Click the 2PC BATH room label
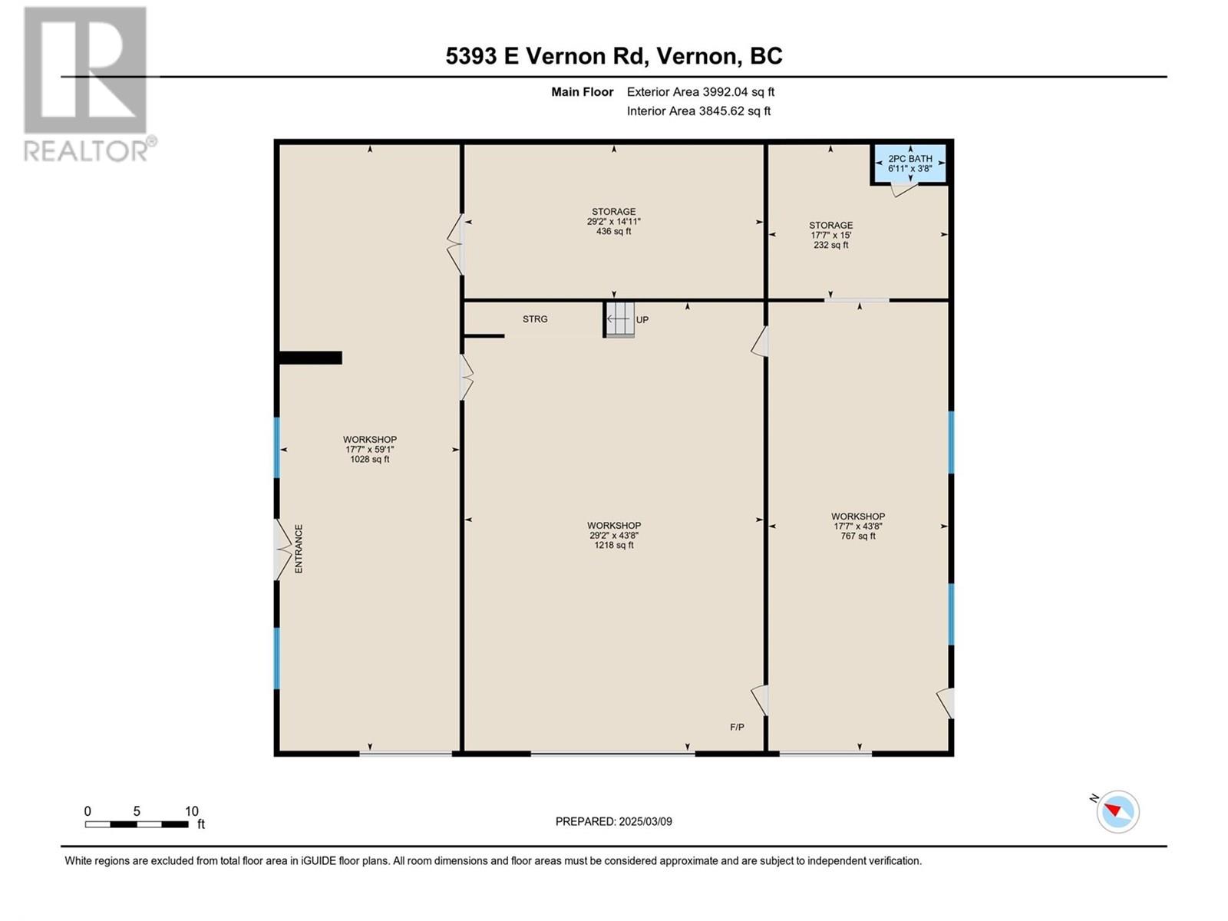[909, 159]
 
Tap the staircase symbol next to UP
[619, 319]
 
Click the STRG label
[535, 319]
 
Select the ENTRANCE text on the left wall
[299, 549]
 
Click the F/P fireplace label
[737, 727]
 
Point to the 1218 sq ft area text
[614, 546]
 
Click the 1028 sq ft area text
[370, 460]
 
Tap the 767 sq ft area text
[858, 536]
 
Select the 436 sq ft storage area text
[614, 231]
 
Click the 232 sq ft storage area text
[831, 246]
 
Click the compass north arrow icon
[1117, 811]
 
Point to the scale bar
[137, 824]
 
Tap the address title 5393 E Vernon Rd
[614, 56]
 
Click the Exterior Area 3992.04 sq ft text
[700, 92]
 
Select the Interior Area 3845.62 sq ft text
[698, 111]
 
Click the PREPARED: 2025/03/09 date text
[614, 821]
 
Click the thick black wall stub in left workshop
[310, 358]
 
